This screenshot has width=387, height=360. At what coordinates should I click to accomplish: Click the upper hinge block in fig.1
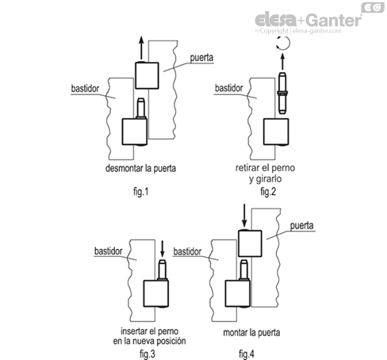coord(148,76)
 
